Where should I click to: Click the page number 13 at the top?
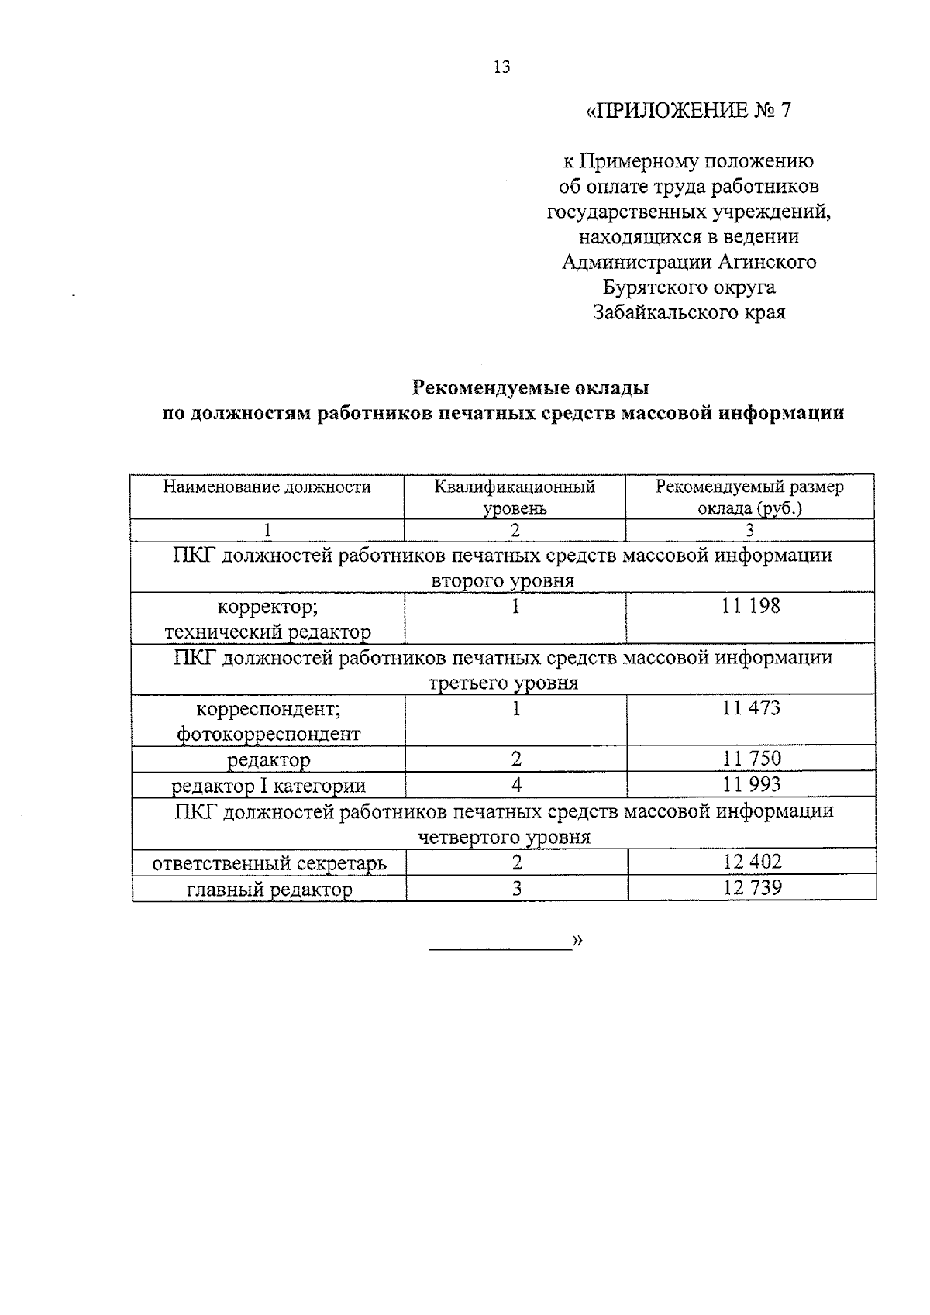pos(501,67)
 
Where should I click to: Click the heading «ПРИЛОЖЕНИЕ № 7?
pos(688,111)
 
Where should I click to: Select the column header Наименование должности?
pos(267,487)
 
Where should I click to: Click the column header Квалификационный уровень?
pos(515,497)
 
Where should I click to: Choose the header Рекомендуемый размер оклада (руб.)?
pos(749,497)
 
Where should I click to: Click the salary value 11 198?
pos(750,606)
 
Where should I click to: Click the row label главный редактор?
pos(270,890)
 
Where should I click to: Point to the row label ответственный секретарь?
pos(270,863)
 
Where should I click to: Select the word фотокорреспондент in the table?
pos(269,734)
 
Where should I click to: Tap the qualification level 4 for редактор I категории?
pos(516,785)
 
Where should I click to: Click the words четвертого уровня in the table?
pos(504,837)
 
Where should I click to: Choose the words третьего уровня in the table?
pos(503,683)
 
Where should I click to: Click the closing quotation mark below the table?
pos(577,940)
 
